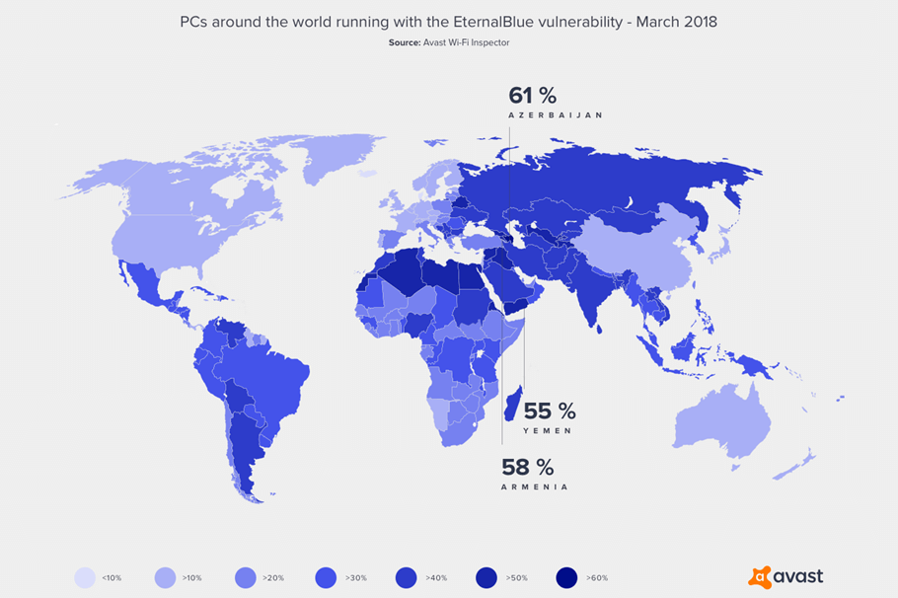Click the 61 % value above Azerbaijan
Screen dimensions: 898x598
pyautogui.click(x=532, y=96)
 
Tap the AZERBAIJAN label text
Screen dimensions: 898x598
pyautogui.click(x=555, y=115)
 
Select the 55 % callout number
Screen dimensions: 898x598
pyautogui.click(x=549, y=411)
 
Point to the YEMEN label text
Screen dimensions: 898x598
pyautogui.click(x=548, y=431)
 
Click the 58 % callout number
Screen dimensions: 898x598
pyautogui.click(x=527, y=468)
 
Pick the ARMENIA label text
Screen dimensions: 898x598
pyautogui.click(x=534, y=487)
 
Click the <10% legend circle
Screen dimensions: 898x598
pyautogui.click(x=86, y=577)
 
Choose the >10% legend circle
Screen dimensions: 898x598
pyautogui.click(x=166, y=577)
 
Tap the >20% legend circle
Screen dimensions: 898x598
pyautogui.click(x=246, y=577)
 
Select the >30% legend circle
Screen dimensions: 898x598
pyautogui.click(x=326, y=577)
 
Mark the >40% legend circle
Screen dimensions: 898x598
pyautogui.click(x=406, y=577)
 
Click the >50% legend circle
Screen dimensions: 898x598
pyautogui.click(x=486, y=577)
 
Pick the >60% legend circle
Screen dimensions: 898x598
pyautogui.click(x=565, y=577)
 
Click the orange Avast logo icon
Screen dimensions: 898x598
pyautogui.click(x=760, y=577)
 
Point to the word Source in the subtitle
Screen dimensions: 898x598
pyautogui.click(x=405, y=42)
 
